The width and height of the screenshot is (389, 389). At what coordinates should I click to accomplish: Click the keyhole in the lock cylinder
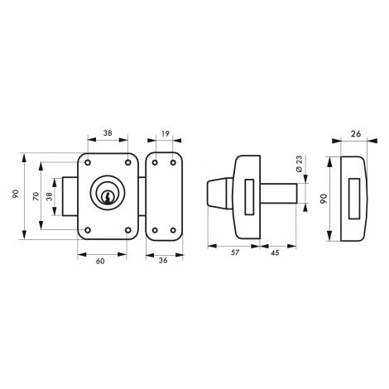point(107,197)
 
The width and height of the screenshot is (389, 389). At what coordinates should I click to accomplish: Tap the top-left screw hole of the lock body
point(88,162)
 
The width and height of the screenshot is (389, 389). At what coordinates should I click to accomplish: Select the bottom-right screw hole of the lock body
point(128,230)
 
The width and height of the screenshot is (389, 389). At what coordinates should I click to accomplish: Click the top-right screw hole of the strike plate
point(173,163)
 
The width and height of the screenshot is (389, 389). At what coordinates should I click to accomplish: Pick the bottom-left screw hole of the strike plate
point(155,230)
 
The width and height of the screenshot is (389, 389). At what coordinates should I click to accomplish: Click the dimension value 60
point(100,261)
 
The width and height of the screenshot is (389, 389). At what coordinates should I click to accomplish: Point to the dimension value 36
point(163,261)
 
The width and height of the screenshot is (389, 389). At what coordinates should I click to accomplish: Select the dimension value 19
point(165,134)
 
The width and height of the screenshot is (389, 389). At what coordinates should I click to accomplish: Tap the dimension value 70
point(36,196)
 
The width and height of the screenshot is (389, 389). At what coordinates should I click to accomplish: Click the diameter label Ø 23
point(299,164)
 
